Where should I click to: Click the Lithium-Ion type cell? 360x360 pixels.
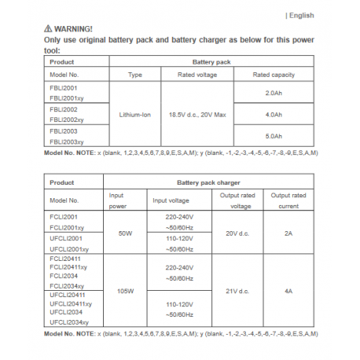(x=134, y=114)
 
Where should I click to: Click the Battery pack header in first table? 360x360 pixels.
(x=212, y=61)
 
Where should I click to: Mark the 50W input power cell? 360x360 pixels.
(x=125, y=233)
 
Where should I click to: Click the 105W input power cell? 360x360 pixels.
(x=125, y=290)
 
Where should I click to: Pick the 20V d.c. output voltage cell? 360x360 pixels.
(x=237, y=233)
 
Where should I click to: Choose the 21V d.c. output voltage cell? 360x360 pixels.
(x=237, y=290)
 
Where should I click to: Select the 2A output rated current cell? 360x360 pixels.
(x=288, y=233)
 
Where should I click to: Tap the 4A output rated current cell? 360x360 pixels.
(x=288, y=290)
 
